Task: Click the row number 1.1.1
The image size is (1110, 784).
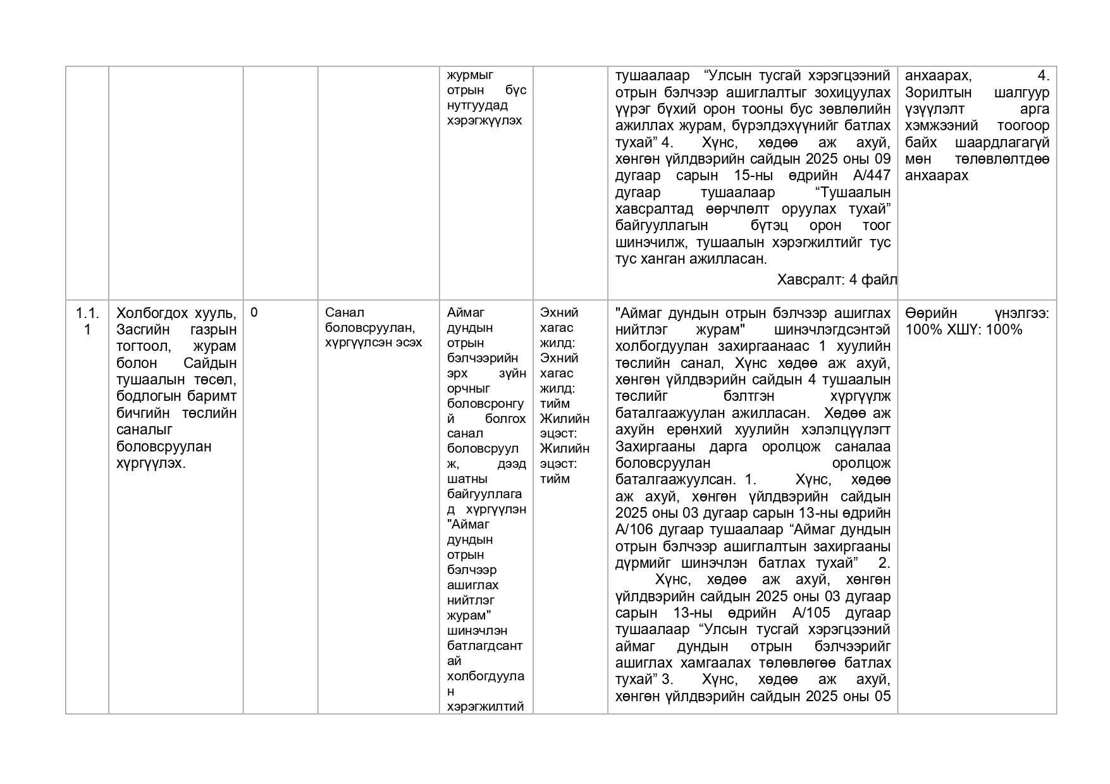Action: point(87,321)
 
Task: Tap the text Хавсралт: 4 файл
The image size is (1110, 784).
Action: point(836,279)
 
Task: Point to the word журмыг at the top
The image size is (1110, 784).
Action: point(470,75)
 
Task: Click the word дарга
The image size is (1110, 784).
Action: point(732,446)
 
